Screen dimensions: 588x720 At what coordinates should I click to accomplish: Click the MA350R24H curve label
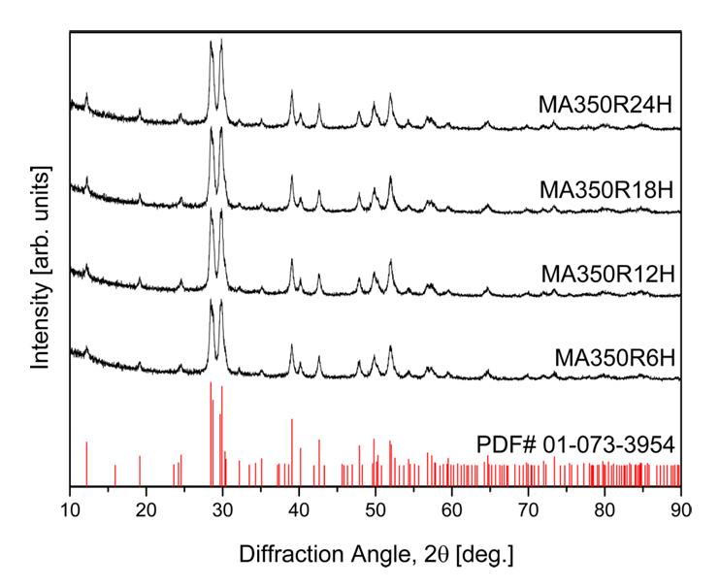pyautogui.click(x=606, y=104)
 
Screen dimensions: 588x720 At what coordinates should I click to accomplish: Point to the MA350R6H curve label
pyautogui.click(x=614, y=358)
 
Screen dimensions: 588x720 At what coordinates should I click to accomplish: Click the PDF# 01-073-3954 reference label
pyautogui.click(x=575, y=445)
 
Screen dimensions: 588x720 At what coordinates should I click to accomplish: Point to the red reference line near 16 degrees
pyautogui.click(x=115, y=474)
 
